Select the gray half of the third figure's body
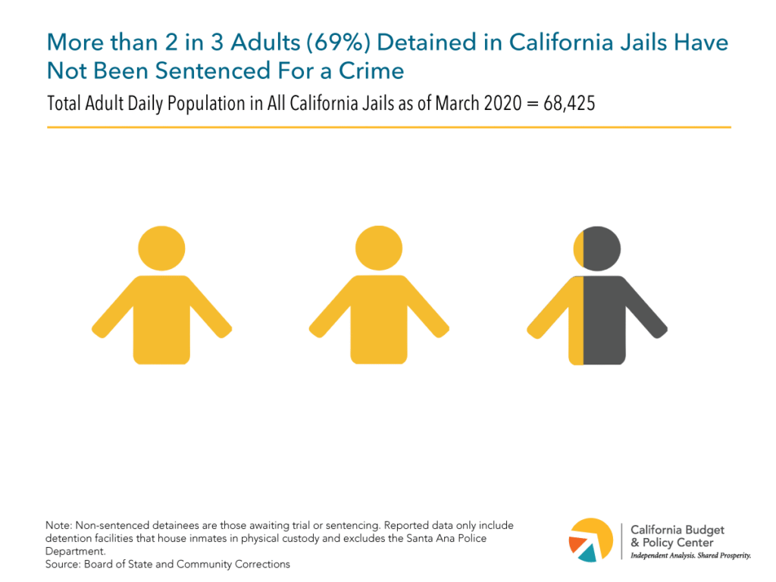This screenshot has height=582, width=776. point(605,318)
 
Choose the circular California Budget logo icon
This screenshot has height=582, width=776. point(591,540)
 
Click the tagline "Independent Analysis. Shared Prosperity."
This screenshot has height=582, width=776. point(690,556)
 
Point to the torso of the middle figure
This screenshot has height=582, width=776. point(379,318)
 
